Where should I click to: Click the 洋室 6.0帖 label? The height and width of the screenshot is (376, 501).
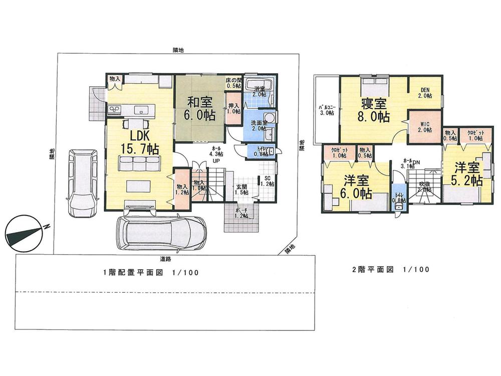pyautogui.click(x=358, y=186)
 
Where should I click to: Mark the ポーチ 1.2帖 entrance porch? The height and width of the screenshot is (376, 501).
pyautogui.click(x=240, y=217)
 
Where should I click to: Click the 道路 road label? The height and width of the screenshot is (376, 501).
pyautogui.click(x=166, y=259)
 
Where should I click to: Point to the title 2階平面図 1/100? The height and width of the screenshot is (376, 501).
pyautogui.click(x=391, y=270)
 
